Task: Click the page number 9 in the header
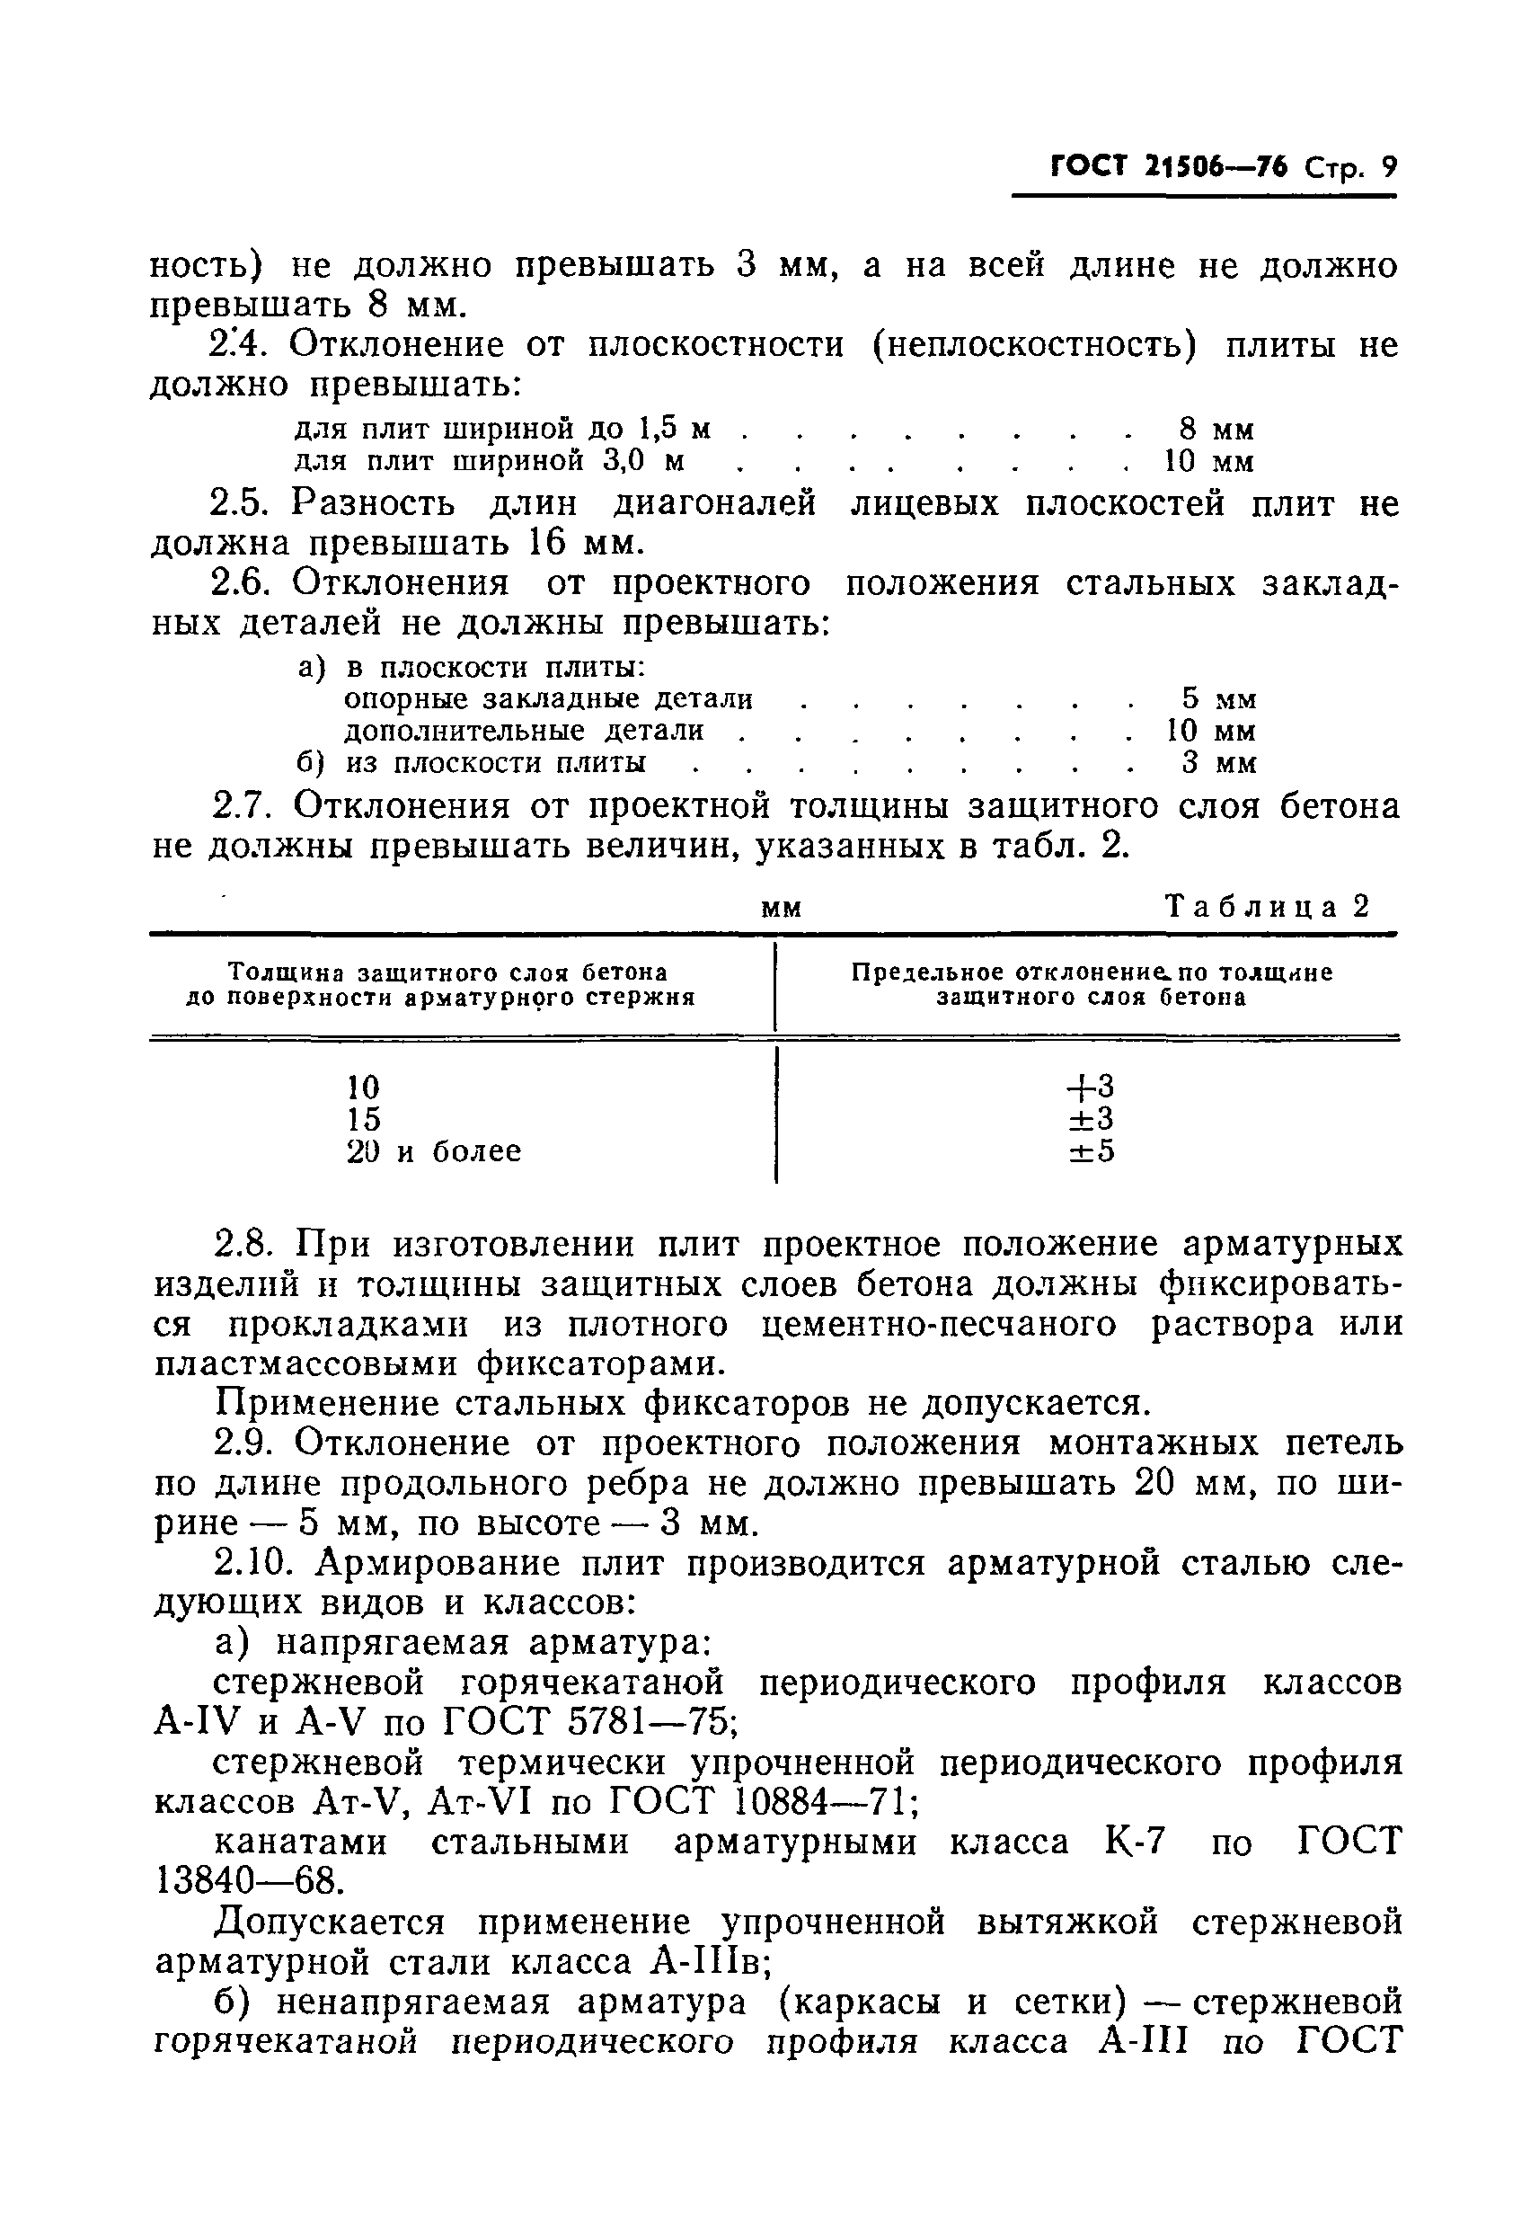pyautogui.click(x=1387, y=169)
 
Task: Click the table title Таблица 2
pyautogui.click(x=1267, y=907)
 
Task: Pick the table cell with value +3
pyautogui.click(x=1090, y=1087)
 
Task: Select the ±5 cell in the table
pyautogui.click(x=1090, y=1150)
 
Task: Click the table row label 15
pyautogui.click(x=364, y=1119)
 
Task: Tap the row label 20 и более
pyautogui.click(x=433, y=1150)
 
